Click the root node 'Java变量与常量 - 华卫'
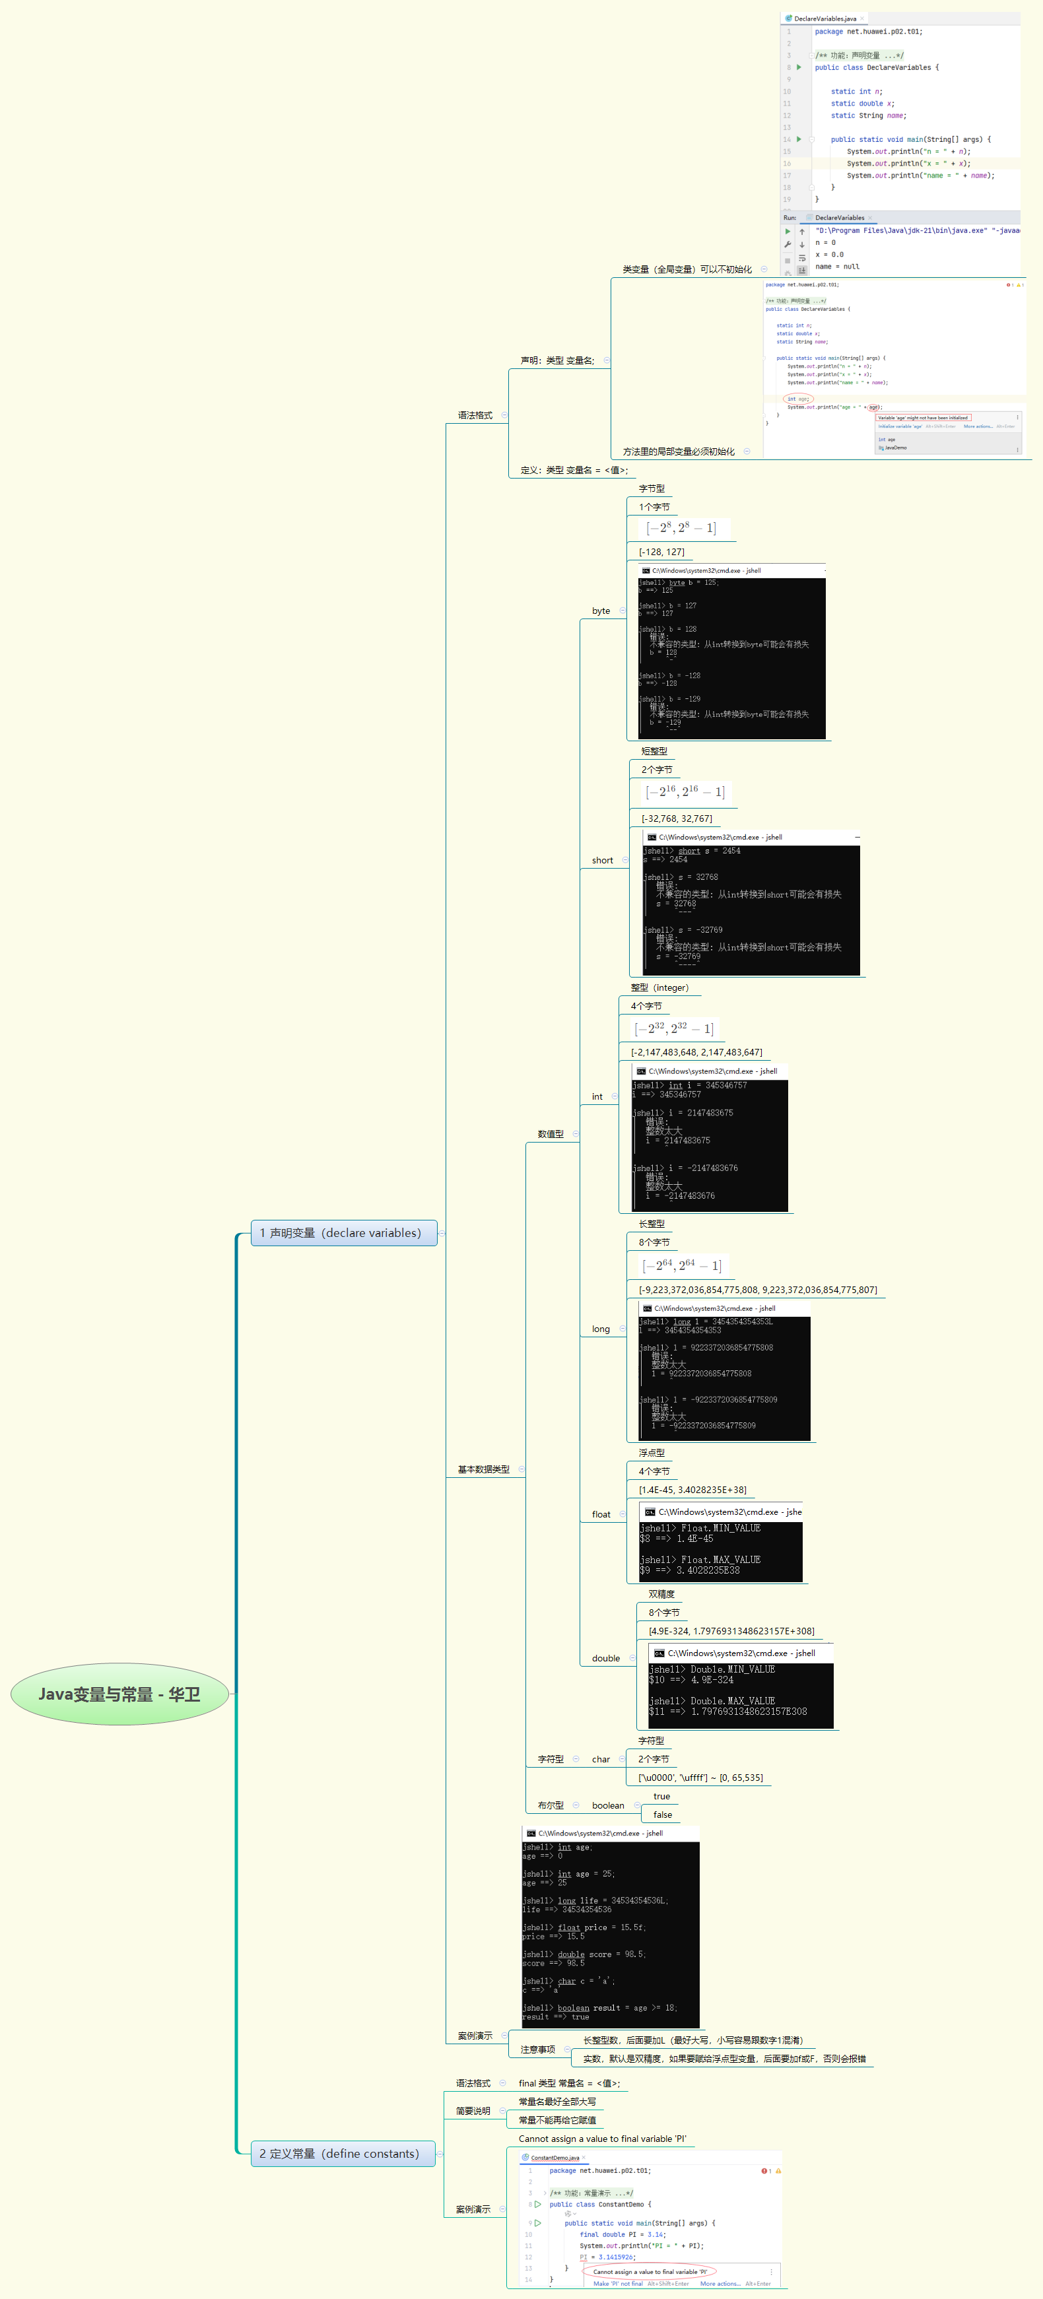[x=119, y=1694]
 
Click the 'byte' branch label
[x=601, y=611]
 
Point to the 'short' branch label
[x=602, y=860]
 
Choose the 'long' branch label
[x=601, y=1329]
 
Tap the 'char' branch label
[x=601, y=1759]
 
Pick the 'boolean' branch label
[x=607, y=1805]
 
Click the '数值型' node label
[x=551, y=1133]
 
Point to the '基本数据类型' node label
[x=484, y=1469]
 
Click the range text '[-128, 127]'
[x=661, y=552]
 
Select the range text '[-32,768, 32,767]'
[x=676, y=818]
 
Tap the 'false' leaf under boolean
[x=662, y=1815]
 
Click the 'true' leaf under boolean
[x=661, y=1795]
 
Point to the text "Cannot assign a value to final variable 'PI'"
[x=602, y=2139]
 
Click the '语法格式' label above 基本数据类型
[x=475, y=415]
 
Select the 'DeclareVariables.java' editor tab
[x=824, y=18]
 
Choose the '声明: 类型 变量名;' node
[x=556, y=360]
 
